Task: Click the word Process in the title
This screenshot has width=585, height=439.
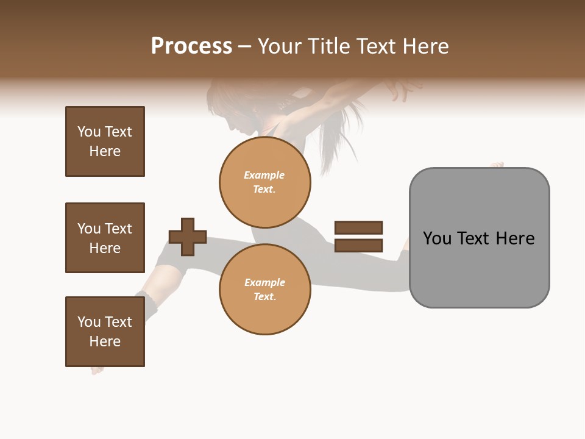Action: coord(191,46)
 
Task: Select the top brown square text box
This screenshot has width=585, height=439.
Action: coord(105,141)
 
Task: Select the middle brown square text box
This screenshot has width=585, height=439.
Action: coord(105,238)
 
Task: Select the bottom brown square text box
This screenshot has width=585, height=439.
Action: coord(105,332)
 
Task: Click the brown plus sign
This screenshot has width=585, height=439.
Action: coord(188,237)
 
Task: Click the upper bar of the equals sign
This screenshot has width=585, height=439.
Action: coord(358,227)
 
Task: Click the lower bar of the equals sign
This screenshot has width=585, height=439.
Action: coord(358,246)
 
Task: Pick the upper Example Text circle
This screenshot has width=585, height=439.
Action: coord(264,182)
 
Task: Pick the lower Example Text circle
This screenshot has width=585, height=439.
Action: coord(264,290)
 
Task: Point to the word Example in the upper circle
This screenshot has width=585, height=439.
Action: coord(264,176)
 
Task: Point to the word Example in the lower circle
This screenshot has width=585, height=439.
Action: coord(264,283)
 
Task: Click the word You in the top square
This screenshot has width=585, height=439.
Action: coord(88,132)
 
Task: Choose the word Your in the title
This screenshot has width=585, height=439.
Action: coord(277,46)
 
